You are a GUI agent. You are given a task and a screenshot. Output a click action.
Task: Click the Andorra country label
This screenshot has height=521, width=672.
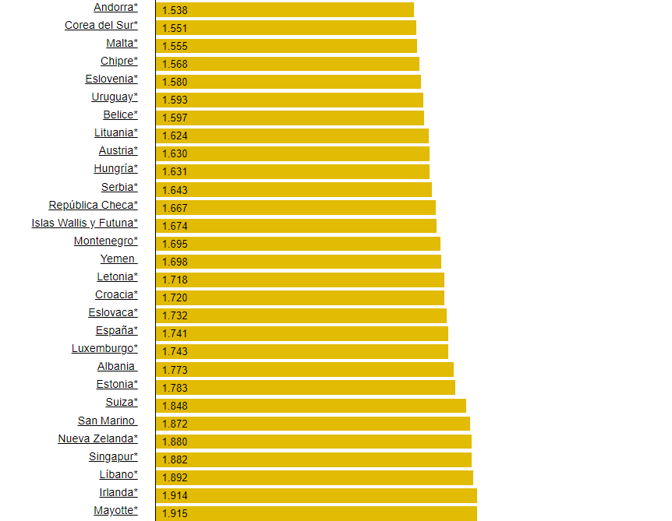point(115,8)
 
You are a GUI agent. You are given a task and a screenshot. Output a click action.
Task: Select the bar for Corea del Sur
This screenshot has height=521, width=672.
point(285,28)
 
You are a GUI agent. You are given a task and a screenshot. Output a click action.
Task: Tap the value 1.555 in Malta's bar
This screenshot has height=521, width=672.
point(175,47)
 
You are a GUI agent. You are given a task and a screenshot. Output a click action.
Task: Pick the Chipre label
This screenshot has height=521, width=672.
point(118,62)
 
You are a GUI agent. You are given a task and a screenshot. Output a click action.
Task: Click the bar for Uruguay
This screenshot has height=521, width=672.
point(289,100)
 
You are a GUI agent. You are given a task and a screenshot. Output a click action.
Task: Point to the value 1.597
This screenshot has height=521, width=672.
point(175,118)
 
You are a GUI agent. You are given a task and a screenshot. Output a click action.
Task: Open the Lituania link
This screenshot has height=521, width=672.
point(115,133)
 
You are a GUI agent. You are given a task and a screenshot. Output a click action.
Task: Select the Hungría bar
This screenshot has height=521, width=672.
point(292,171)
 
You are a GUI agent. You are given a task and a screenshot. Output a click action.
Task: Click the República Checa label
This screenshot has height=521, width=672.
point(93,206)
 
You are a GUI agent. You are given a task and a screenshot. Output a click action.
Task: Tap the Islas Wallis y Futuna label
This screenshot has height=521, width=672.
point(84,224)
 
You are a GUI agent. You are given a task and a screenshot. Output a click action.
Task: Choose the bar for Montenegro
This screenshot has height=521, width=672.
point(298,244)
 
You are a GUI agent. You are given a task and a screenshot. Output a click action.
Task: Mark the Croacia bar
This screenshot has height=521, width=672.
point(300,297)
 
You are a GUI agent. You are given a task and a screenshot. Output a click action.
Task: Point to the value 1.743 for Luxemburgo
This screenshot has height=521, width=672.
point(175,352)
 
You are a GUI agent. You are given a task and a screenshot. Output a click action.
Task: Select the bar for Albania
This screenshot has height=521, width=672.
point(305,370)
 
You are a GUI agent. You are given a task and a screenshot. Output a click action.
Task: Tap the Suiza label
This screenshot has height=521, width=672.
point(121,403)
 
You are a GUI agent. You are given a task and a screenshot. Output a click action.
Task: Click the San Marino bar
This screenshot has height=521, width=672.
point(313,424)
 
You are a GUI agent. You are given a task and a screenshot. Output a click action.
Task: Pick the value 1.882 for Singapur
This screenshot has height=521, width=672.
point(175,460)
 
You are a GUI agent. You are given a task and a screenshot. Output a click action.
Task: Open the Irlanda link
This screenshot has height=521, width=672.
point(118,493)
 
